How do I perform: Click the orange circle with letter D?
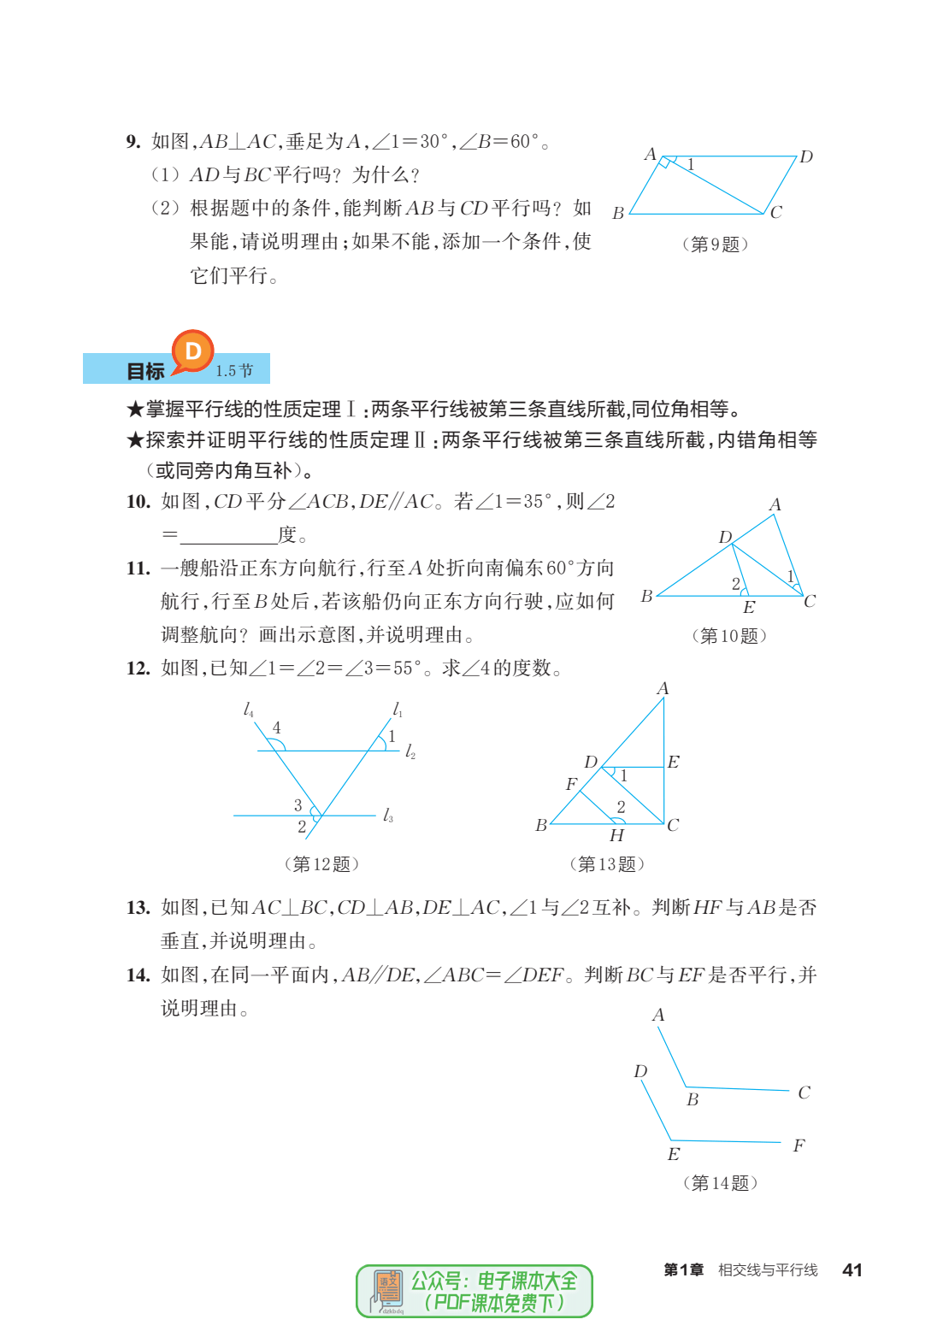tap(192, 350)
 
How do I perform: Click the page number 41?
tap(852, 1270)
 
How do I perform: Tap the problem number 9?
tap(133, 141)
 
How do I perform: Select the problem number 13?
tap(138, 907)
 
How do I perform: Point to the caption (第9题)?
tap(715, 244)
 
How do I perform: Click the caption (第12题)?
tap(321, 864)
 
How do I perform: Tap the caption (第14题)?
tap(720, 1183)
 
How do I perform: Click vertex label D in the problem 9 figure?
tap(805, 157)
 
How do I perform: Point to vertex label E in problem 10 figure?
tap(749, 608)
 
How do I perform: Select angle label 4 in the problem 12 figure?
tap(276, 727)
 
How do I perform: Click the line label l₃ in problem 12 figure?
tap(388, 816)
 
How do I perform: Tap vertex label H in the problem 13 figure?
tap(616, 835)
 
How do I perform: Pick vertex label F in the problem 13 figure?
tap(571, 784)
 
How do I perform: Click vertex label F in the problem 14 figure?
tap(799, 1146)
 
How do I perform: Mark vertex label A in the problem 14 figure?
tap(658, 1015)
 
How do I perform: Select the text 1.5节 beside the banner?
tap(234, 371)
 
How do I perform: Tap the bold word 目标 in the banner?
tap(145, 371)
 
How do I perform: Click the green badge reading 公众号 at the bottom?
tap(474, 1291)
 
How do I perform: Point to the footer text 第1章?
tap(683, 1270)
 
